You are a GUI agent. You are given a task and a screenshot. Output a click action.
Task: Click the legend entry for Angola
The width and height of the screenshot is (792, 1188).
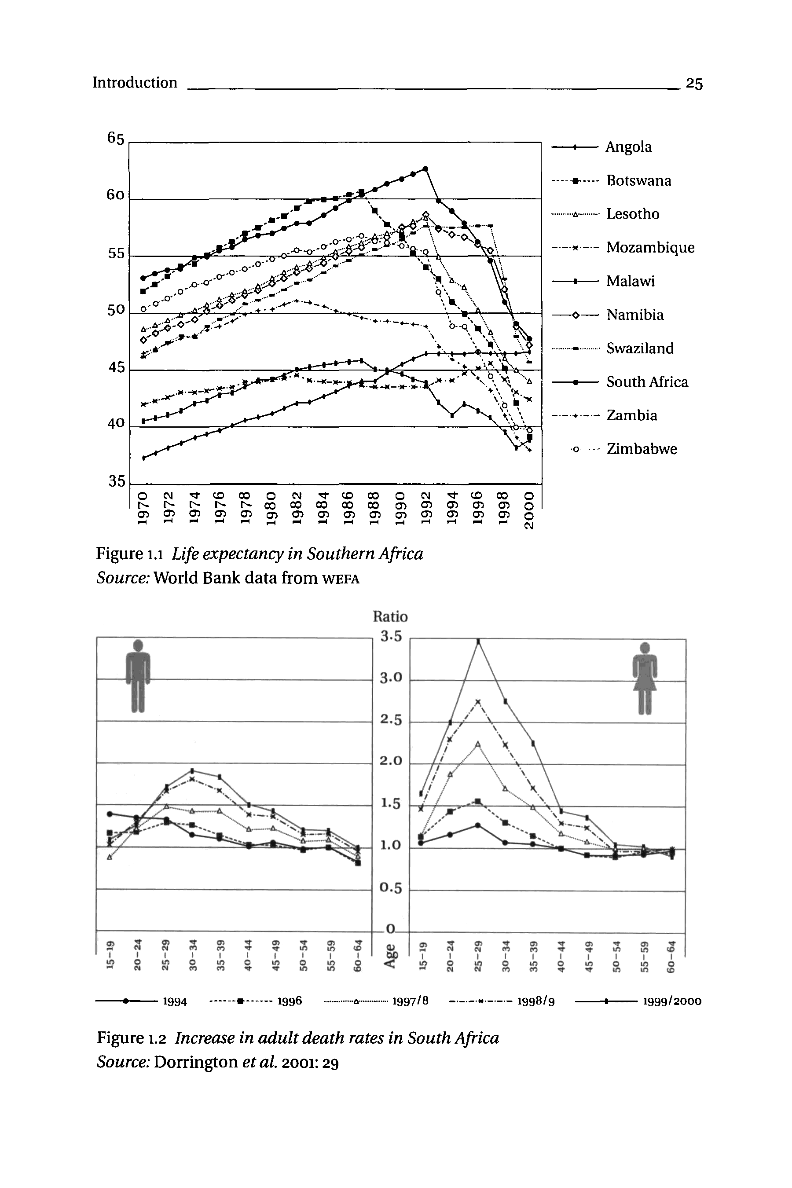point(628,147)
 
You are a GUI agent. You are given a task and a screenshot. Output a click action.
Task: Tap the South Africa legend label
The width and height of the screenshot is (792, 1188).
point(647,382)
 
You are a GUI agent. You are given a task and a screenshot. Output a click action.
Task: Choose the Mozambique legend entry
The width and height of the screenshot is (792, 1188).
point(650,247)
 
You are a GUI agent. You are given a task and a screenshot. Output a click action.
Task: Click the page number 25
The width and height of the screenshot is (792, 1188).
point(694,83)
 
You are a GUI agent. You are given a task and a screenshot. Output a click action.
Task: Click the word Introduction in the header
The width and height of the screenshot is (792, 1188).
point(135,82)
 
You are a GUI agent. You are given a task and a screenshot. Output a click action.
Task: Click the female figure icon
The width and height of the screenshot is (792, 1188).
point(645,677)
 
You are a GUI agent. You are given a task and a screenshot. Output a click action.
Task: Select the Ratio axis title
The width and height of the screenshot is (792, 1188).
point(390,617)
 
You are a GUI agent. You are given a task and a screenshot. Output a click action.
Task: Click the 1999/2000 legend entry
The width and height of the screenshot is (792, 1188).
point(671,1001)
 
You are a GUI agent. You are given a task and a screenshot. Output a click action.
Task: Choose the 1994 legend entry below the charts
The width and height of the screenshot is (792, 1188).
point(175,1001)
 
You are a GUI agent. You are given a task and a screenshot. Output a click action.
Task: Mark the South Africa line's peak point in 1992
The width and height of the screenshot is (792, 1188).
point(425,169)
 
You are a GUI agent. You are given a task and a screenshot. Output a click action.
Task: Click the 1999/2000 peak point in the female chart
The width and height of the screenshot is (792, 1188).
point(478,642)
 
